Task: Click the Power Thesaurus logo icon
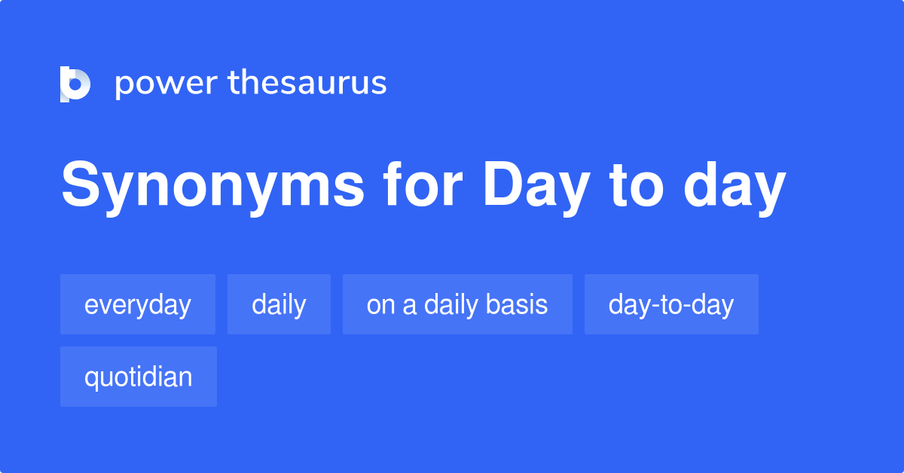coord(75,84)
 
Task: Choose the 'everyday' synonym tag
coord(138,304)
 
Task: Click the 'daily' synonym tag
coord(279,304)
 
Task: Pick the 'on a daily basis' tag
coord(457,304)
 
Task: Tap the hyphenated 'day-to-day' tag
coord(671,304)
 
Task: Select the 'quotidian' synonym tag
coord(139,377)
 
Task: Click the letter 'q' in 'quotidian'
coord(90,378)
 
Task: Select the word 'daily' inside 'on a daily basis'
coord(451,304)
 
